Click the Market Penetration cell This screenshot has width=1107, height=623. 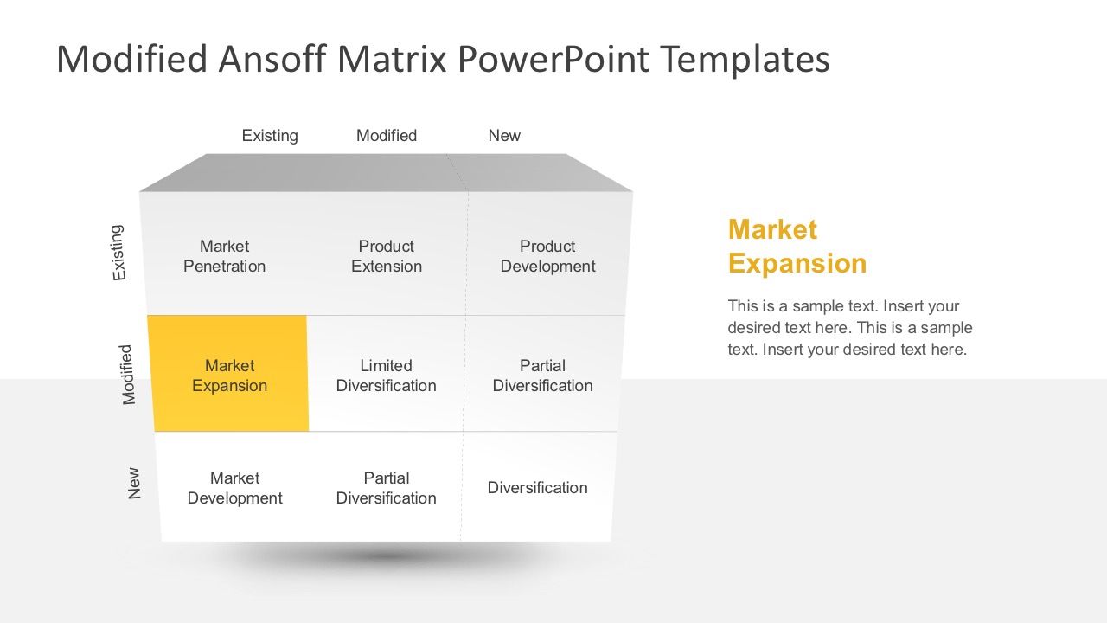point(224,256)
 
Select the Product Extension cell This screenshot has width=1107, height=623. point(386,256)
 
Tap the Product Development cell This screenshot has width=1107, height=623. point(547,256)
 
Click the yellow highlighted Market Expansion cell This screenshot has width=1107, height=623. point(229,376)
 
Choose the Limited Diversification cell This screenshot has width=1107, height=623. point(386,376)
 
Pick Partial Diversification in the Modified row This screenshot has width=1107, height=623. point(542,376)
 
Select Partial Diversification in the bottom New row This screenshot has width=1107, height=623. point(386,488)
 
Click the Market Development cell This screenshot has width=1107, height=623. point(234,488)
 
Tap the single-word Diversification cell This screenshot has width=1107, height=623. point(537,488)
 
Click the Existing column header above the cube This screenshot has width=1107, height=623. point(270,136)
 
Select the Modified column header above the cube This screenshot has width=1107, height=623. point(387,136)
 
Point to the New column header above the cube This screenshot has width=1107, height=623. point(504,136)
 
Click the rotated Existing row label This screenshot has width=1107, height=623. point(118,253)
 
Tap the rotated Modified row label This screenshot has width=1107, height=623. point(128,375)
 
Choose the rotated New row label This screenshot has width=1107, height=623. point(134,484)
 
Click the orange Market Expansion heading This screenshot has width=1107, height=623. point(797,247)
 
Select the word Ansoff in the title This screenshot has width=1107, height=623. point(272,60)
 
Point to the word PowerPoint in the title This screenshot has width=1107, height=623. point(553,60)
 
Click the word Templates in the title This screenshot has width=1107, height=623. point(745,60)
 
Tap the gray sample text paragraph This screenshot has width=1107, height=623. point(850,328)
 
